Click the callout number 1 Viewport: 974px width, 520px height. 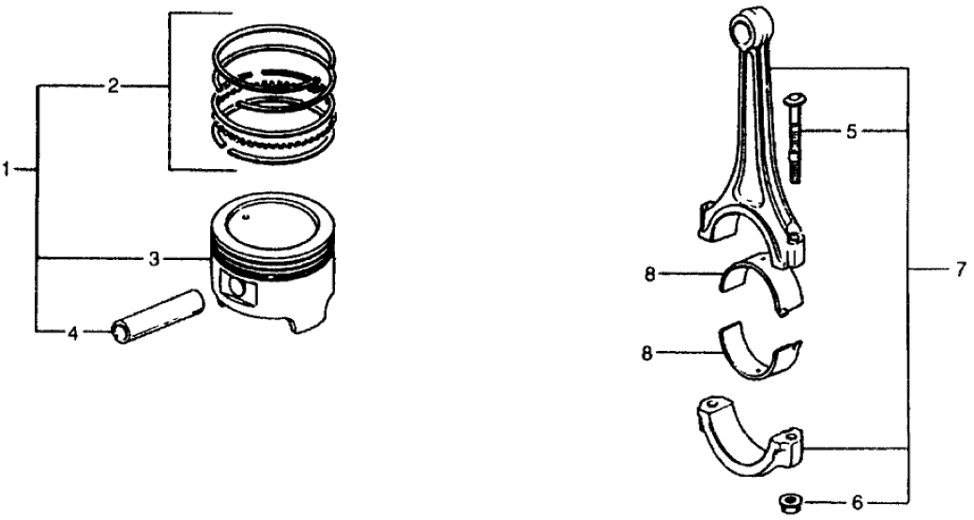point(7,169)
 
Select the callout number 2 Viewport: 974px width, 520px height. point(113,86)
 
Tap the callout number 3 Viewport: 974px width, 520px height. point(154,258)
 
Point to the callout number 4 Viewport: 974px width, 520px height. point(72,334)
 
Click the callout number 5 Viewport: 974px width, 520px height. point(851,131)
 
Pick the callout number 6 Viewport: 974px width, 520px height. point(858,502)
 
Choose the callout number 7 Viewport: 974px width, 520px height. point(960,269)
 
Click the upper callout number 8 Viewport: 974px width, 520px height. point(649,274)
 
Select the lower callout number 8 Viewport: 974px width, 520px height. point(647,354)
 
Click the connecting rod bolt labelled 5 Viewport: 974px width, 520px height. point(795,137)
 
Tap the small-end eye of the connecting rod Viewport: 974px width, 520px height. point(751,27)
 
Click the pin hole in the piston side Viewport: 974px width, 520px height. point(238,286)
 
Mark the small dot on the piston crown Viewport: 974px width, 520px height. point(247,217)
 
